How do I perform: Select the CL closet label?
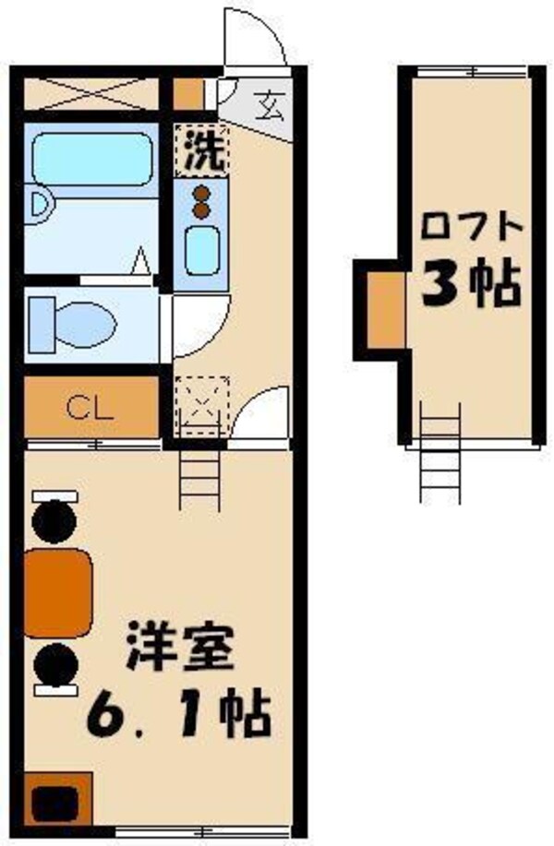pyautogui.click(x=90, y=408)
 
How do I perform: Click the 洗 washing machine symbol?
pyautogui.click(x=201, y=149)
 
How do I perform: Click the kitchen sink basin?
pyautogui.click(x=200, y=249)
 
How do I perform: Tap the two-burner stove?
pyautogui.click(x=200, y=200)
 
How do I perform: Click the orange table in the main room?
pyautogui.click(x=57, y=593)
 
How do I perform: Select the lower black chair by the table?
pyautogui.click(x=54, y=666)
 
